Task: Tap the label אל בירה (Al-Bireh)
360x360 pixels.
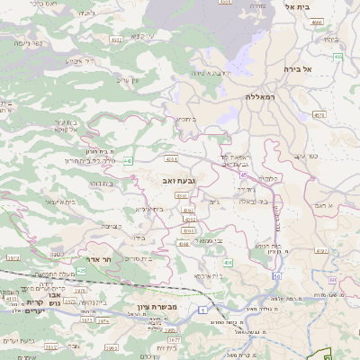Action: pos(319,68)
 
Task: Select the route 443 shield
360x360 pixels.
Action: pos(128,160)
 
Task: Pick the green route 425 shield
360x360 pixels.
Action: pos(81,269)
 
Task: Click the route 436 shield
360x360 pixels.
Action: pos(228,262)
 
